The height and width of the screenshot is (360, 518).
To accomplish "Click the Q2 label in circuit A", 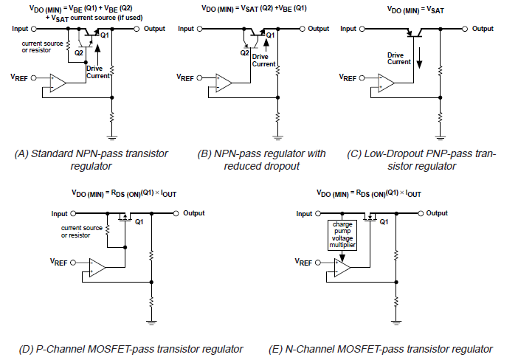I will point(78,53).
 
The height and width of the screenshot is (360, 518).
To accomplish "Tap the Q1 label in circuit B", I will point(270,35).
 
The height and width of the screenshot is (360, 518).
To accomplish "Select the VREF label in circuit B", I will point(187,77).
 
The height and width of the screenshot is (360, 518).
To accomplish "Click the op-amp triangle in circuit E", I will point(342,267).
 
